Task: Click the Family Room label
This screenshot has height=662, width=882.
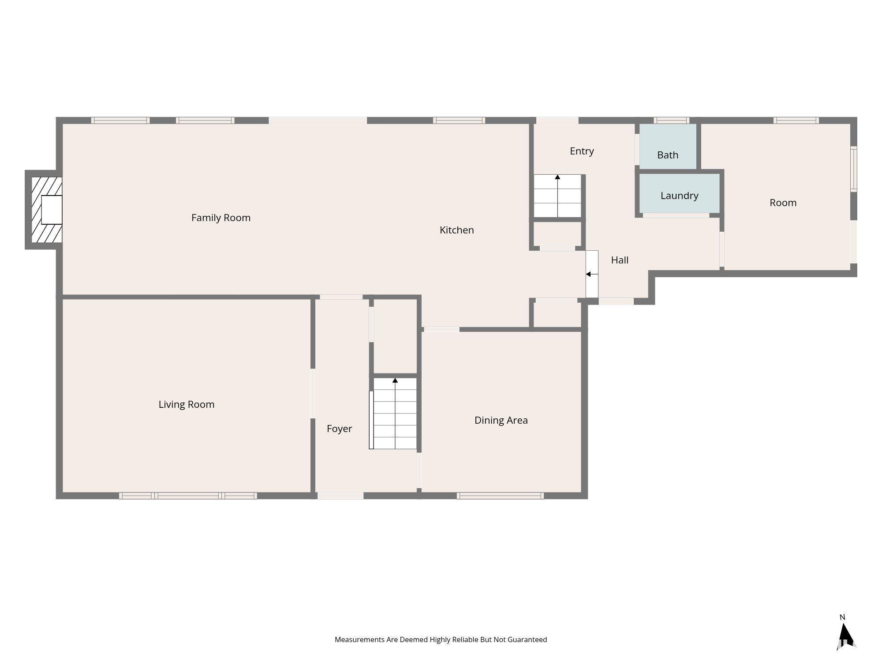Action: tap(221, 218)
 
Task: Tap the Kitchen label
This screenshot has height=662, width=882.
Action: tap(457, 230)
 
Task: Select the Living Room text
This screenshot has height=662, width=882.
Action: tap(187, 405)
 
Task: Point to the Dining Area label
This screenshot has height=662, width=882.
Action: tap(501, 420)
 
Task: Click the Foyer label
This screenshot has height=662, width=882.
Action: tap(339, 429)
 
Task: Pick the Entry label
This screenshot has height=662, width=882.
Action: tap(582, 151)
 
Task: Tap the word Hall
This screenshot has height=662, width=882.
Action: tap(620, 260)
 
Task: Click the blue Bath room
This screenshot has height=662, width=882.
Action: tap(668, 146)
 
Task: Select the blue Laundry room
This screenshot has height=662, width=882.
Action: tap(679, 193)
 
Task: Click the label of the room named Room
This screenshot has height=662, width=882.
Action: tap(783, 203)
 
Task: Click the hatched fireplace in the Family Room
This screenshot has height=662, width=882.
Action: tap(47, 210)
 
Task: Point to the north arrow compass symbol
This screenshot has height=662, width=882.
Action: tap(846, 636)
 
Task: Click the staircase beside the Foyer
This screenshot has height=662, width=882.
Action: tap(393, 414)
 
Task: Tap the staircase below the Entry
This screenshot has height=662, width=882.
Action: tap(557, 196)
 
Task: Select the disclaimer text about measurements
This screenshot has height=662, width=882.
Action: tap(441, 639)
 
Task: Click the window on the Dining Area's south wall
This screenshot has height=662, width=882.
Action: tap(500, 496)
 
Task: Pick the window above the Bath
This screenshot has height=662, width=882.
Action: tap(671, 120)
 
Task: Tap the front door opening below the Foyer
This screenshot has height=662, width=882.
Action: tap(340, 496)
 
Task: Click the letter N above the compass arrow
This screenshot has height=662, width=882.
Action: tap(842, 617)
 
